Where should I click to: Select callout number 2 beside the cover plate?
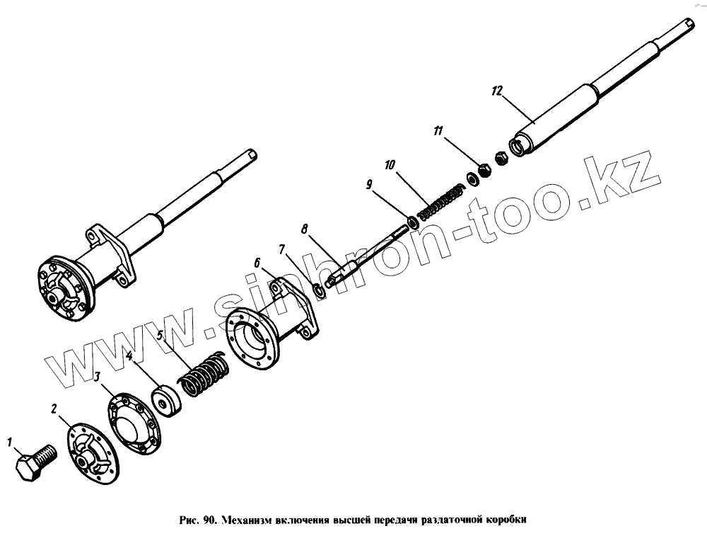[53, 408]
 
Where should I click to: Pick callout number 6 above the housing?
[257, 263]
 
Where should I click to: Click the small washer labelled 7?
[319, 290]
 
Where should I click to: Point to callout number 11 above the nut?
[438, 131]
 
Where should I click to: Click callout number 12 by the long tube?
[496, 91]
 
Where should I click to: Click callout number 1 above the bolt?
[10, 443]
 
